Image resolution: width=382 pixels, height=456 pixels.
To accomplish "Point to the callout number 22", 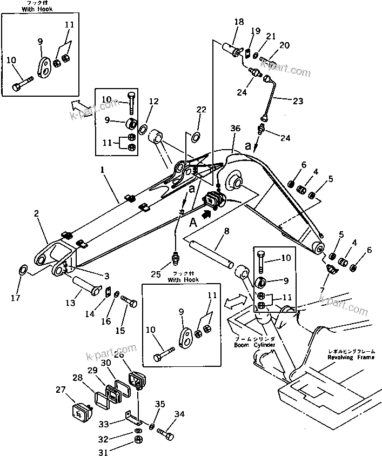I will (x=201, y=110).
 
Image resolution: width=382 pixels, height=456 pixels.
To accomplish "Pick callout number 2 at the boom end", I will (x=37, y=214).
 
